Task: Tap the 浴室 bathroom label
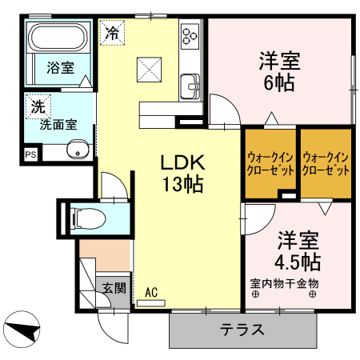[59, 68]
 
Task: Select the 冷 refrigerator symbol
[113, 34]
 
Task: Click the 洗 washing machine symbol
[38, 105]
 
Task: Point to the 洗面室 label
[58, 124]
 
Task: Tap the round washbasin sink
[78, 148]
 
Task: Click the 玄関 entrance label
[112, 286]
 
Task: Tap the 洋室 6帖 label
[278, 70]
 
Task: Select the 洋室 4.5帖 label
[298, 250]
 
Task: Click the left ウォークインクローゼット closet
[270, 164]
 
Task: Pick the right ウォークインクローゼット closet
[326, 164]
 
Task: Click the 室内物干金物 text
[284, 283]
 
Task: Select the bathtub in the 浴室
[58, 39]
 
